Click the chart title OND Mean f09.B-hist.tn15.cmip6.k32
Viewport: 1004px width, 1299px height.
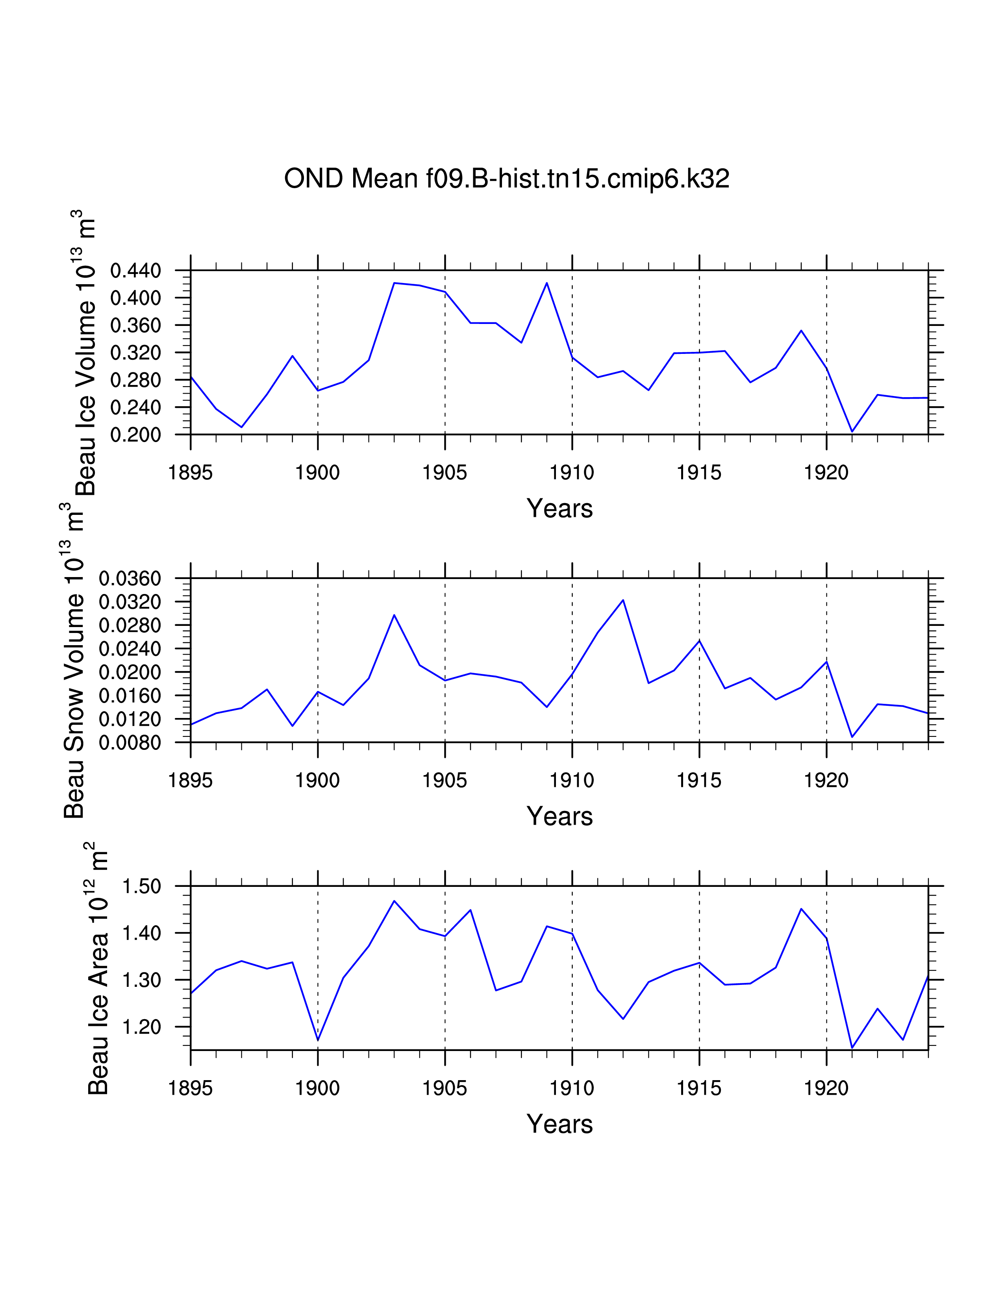pos(506,178)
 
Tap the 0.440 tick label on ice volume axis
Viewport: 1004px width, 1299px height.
pos(135,271)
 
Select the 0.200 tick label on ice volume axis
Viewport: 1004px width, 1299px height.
pos(135,435)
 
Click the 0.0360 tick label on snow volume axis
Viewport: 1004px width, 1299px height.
pos(130,578)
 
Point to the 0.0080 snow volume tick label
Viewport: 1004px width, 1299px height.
pos(130,742)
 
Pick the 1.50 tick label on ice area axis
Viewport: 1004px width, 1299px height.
pos(142,886)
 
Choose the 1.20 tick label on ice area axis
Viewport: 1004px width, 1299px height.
pos(142,1027)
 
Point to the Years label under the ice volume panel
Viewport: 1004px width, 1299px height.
pos(559,509)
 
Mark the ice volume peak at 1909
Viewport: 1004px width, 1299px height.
pos(546,283)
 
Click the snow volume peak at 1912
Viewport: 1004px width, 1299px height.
pos(623,600)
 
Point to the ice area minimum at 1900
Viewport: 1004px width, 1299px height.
pos(318,1040)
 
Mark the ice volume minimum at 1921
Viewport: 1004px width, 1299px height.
pos(852,431)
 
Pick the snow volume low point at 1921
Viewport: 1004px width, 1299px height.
pos(852,737)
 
